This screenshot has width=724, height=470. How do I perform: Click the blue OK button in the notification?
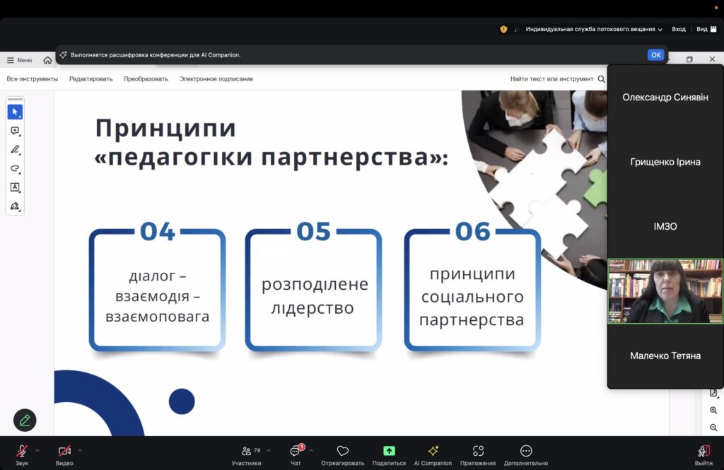coord(655,55)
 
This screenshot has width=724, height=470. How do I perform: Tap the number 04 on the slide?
coord(158,231)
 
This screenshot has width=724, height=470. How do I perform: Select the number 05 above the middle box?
coord(313,231)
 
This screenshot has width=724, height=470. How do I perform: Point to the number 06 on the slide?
coord(472,231)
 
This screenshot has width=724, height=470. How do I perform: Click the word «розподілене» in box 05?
coord(315,284)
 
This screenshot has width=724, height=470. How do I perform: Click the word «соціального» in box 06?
coord(472,297)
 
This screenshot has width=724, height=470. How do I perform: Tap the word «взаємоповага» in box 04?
coord(158,317)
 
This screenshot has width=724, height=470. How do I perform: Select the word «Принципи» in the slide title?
coord(165,128)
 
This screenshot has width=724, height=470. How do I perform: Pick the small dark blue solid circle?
coord(182,401)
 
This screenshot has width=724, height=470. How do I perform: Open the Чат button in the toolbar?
coord(296,454)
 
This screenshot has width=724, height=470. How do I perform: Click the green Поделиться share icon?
coord(389,451)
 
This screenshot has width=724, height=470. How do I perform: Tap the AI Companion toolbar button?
coord(433,454)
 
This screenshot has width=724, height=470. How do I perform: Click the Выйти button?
coord(703,454)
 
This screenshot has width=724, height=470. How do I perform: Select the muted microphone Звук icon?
coord(22,451)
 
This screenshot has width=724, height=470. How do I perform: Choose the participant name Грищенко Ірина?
coord(665,162)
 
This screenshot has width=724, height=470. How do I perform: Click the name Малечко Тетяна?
coord(665,356)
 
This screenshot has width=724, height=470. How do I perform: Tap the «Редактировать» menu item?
coord(91,79)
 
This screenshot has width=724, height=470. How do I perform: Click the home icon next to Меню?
coord(47,60)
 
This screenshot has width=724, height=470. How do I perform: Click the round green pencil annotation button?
coord(25,420)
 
